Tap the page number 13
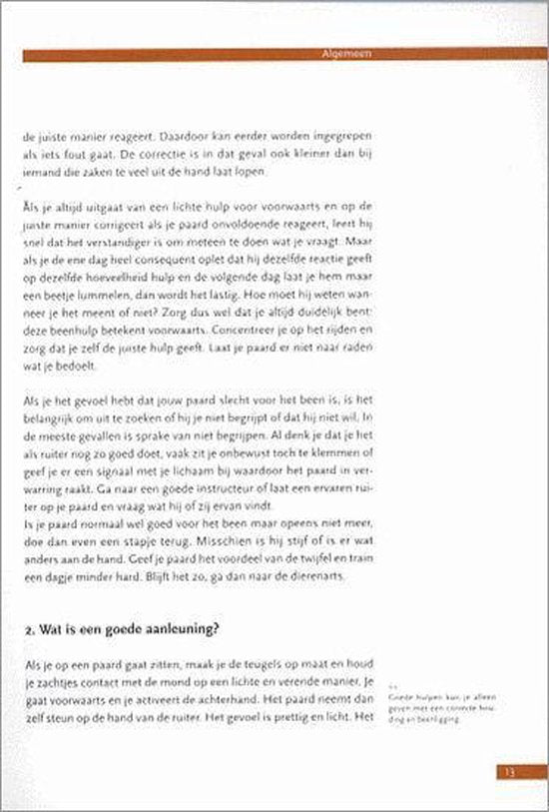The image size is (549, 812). (507, 744)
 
